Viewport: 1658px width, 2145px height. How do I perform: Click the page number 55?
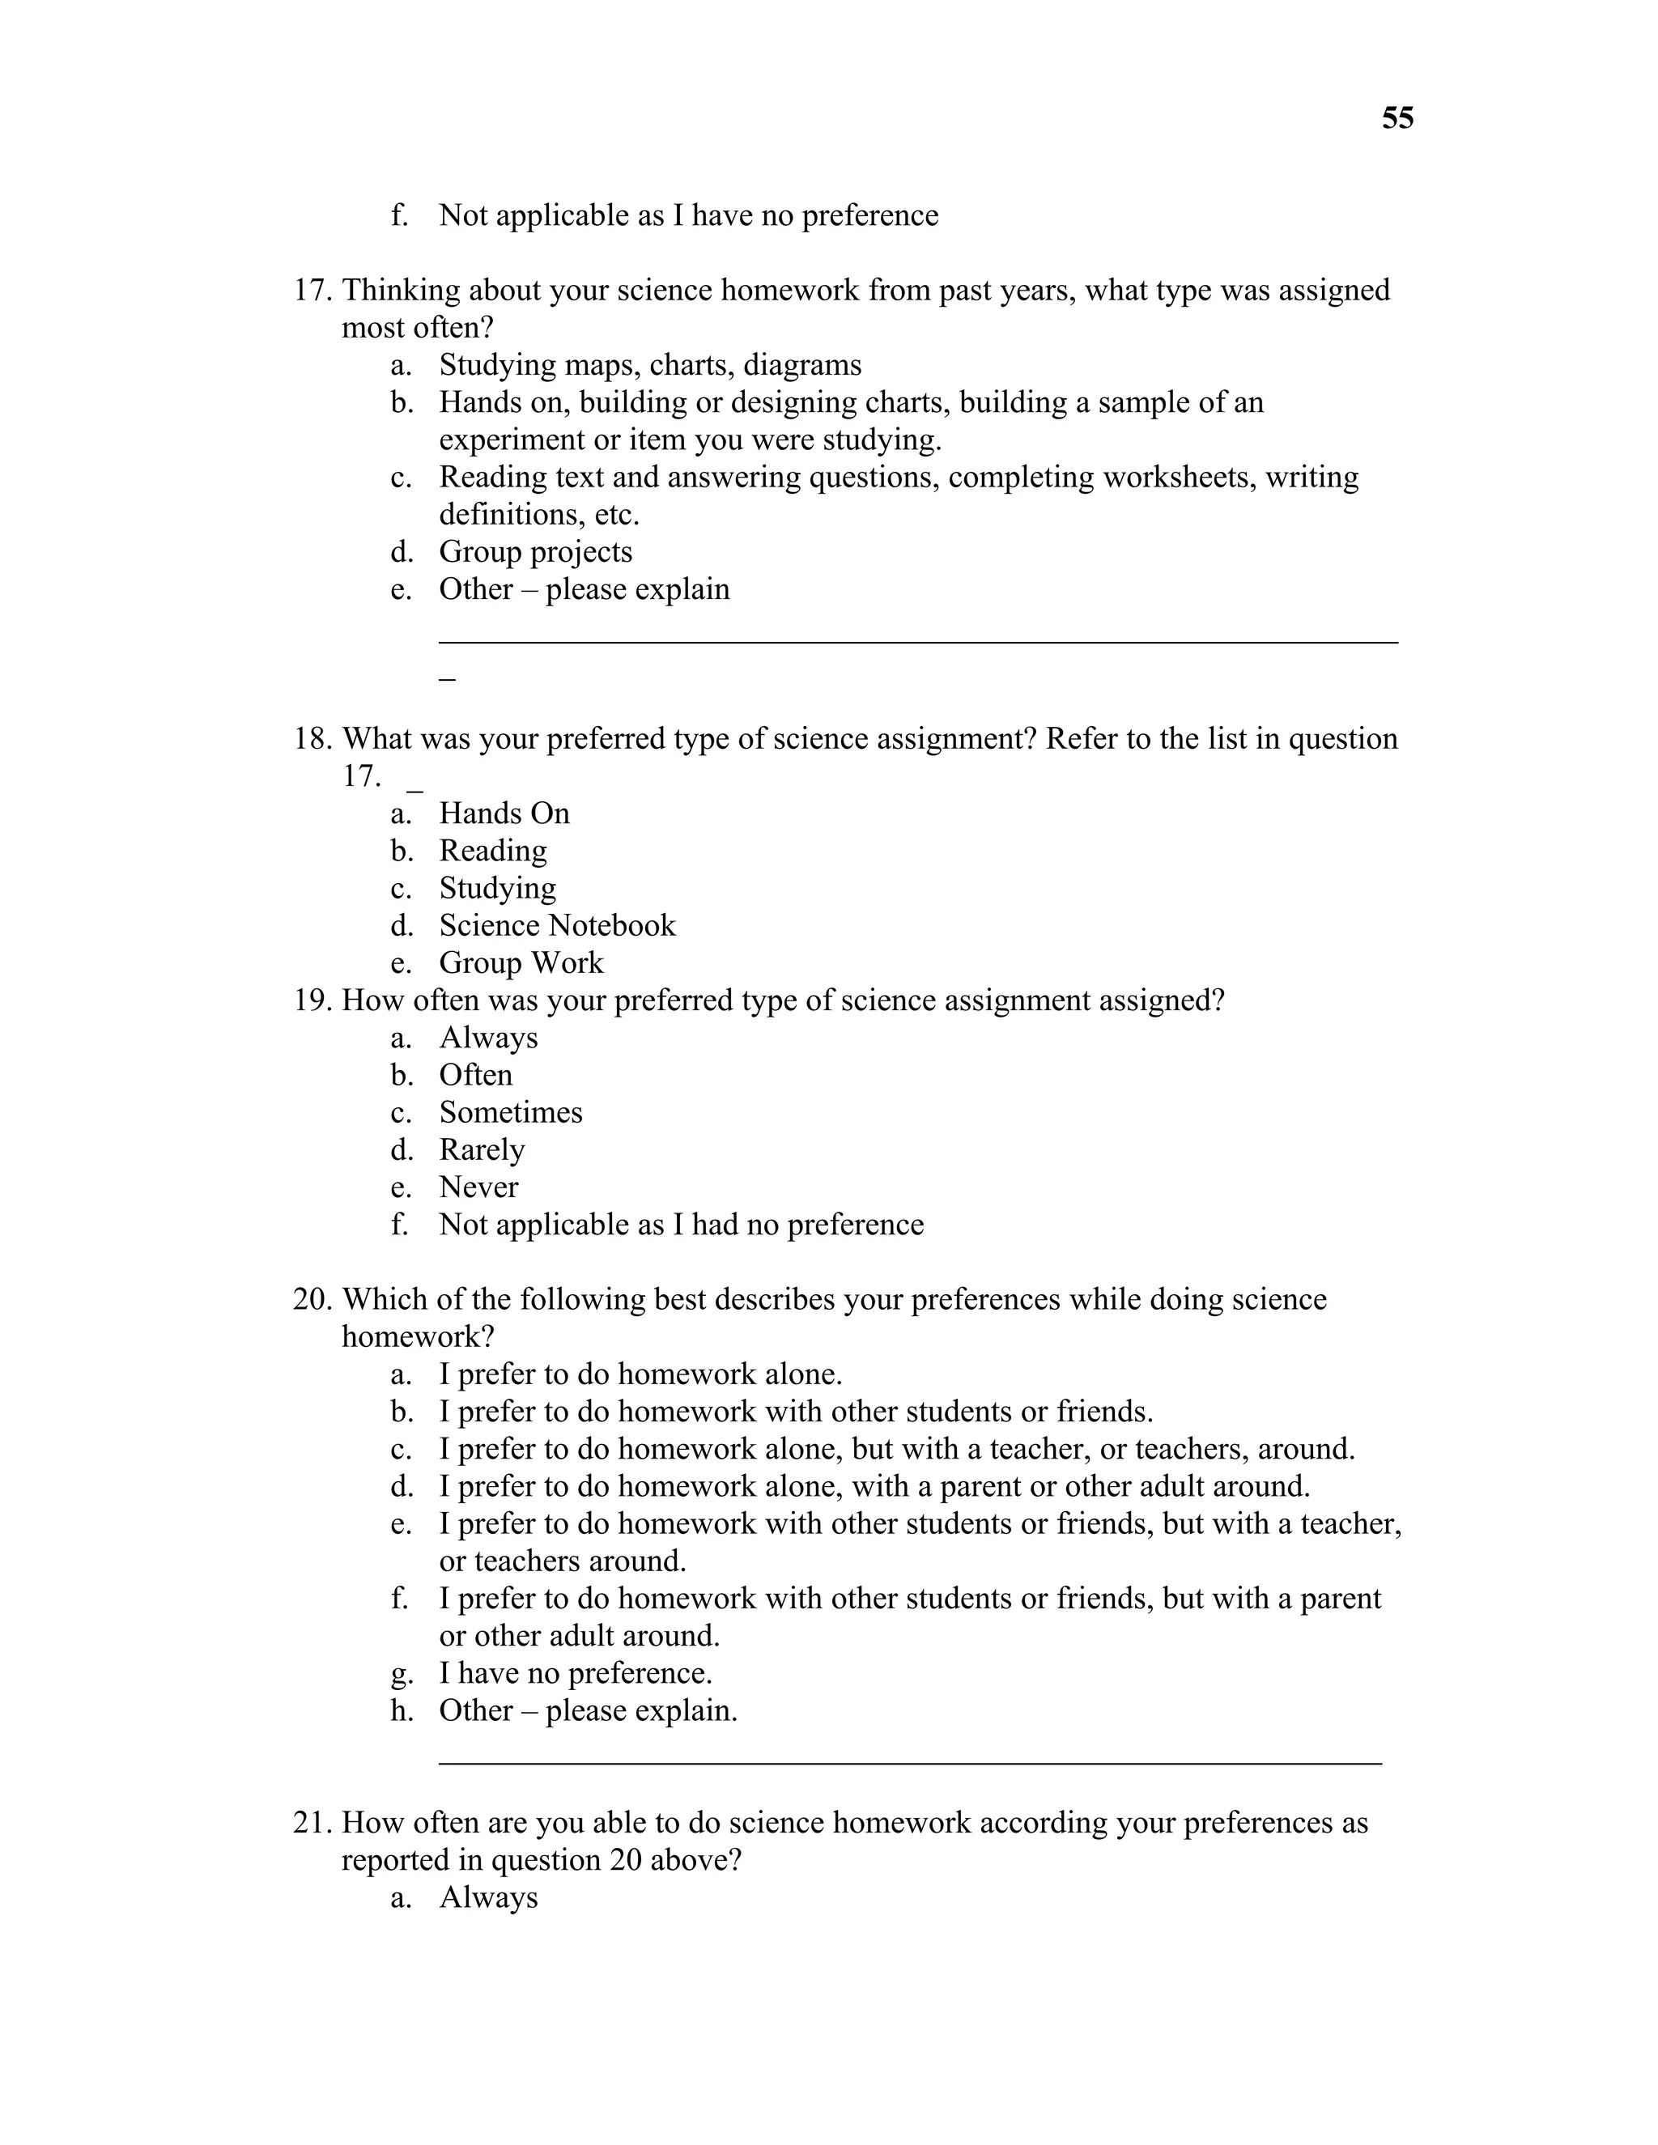1397,119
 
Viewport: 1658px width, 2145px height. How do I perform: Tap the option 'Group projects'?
534,552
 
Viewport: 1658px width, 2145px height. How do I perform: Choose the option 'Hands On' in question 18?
503,813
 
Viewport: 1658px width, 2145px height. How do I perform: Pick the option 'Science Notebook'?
557,925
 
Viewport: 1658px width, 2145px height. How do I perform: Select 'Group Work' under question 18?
521,962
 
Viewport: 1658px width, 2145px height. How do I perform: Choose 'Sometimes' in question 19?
510,1113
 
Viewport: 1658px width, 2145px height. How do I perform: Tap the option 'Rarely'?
482,1150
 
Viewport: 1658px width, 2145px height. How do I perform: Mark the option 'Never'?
478,1187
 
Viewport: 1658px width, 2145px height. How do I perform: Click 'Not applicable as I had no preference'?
681,1225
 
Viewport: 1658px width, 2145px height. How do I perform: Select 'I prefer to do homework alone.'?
640,1374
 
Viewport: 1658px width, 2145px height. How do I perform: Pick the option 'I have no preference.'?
575,1672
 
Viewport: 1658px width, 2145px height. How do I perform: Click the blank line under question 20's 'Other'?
909,1762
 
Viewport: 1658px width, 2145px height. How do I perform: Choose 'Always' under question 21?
488,1897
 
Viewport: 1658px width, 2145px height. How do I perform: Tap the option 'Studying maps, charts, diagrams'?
649,365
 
